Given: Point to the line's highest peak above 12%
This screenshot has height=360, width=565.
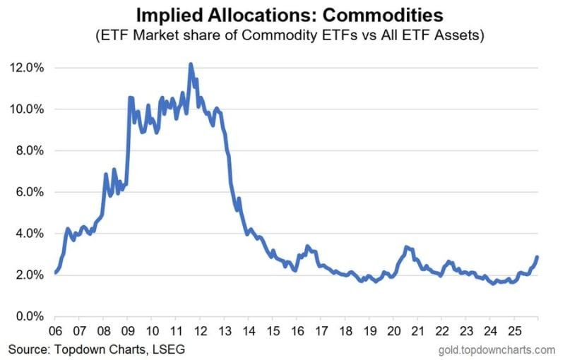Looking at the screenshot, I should pyautogui.click(x=191, y=64).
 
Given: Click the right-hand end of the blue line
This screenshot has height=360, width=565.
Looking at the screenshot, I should pyautogui.click(x=537, y=257).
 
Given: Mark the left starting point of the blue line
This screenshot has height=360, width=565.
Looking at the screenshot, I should pyautogui.click(x=54, y=272).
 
